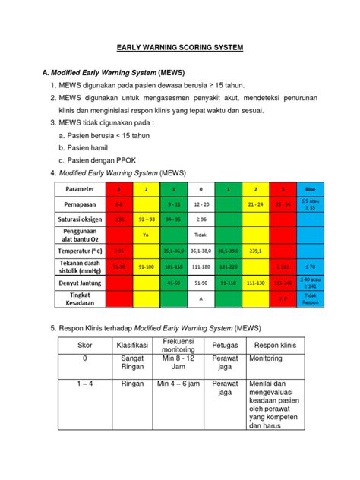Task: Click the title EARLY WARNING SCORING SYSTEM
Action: click(179, 47)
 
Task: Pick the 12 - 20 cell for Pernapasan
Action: click(201, 205)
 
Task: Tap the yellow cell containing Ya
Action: click(145, 235)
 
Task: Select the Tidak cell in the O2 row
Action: click(201, 235)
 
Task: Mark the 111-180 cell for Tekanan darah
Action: click(201, 267)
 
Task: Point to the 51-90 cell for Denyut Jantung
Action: click(201, 283)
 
